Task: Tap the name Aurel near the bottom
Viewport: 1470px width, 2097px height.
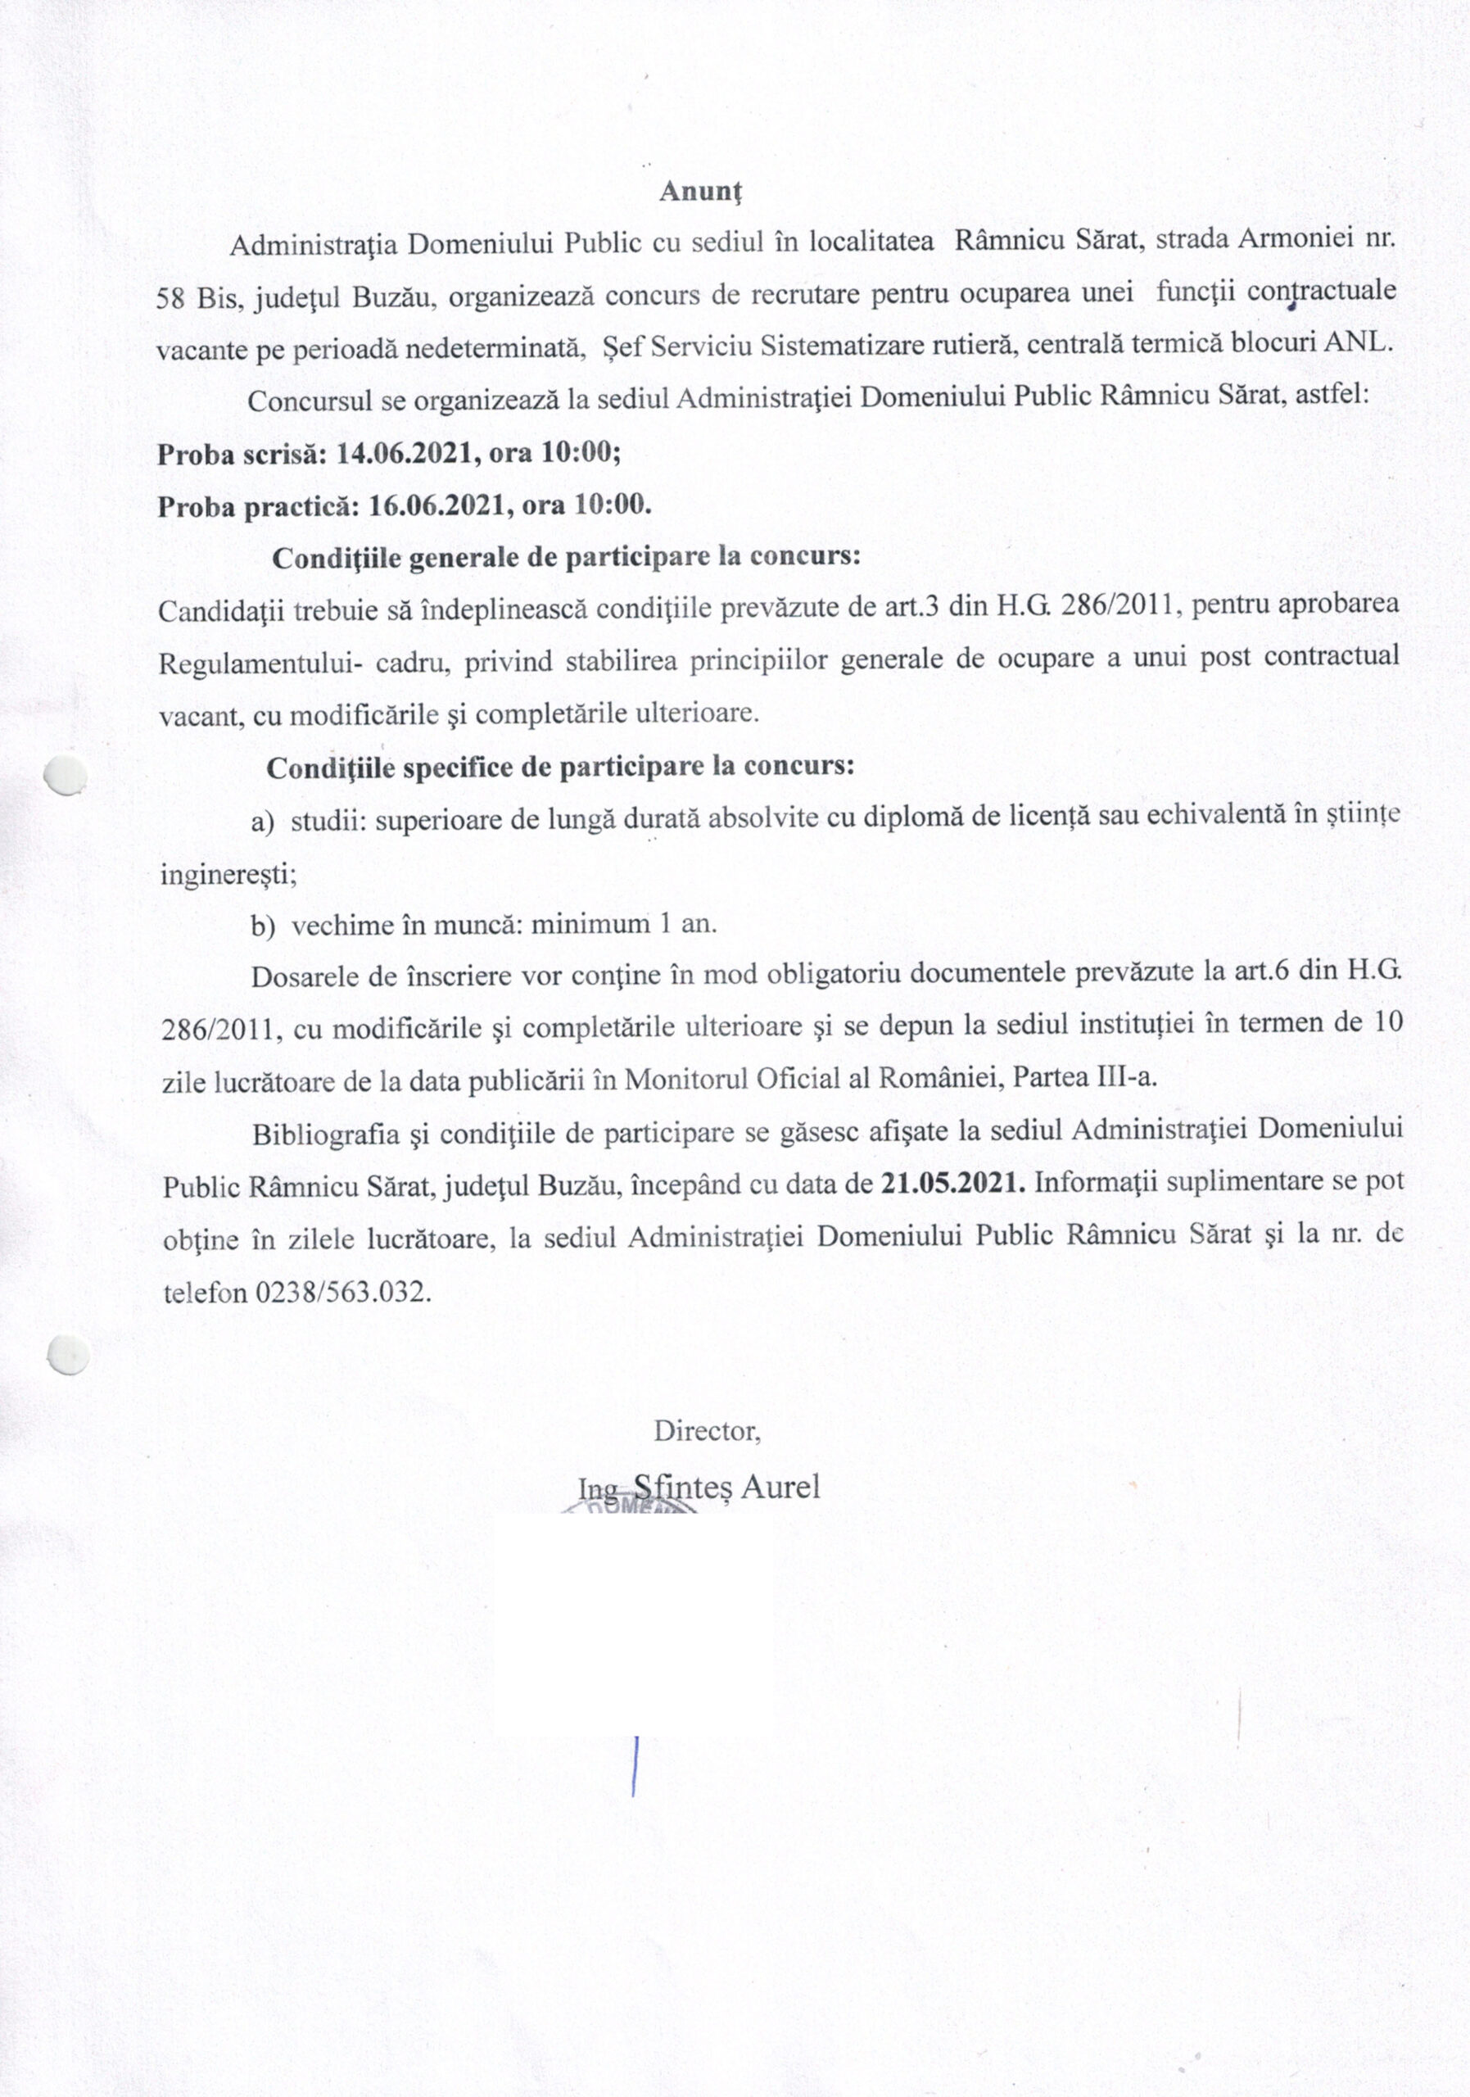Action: pos(780,1487)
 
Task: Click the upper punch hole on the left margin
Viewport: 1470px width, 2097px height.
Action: pos(66,777)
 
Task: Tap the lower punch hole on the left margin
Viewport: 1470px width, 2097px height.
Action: pos(69,1355)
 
